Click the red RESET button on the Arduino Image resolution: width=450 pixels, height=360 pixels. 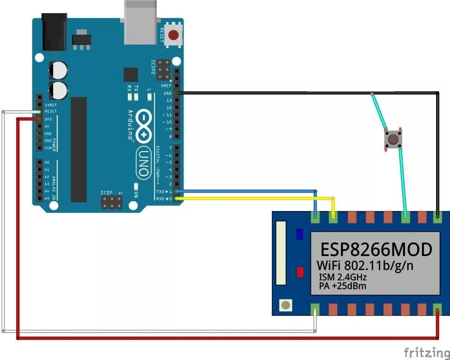[173, 34]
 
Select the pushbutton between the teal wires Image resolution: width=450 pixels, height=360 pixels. [393, 139]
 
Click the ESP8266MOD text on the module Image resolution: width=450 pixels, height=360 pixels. [376, 249]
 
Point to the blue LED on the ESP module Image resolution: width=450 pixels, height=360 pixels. [300, 234]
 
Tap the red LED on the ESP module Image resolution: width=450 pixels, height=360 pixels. [300, 272]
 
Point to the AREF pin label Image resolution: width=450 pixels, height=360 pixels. [166, 85]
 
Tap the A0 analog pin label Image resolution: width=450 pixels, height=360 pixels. [47, 162]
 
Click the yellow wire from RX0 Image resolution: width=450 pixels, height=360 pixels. [256, 198]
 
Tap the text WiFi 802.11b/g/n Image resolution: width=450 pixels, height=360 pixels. [365, 265]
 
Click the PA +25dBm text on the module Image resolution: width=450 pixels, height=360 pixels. [342, 286]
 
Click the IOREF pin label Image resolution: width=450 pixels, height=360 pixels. [50, 104]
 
